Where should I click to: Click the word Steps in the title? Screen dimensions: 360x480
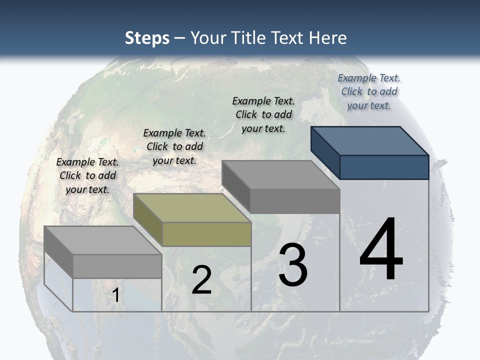point(147,38)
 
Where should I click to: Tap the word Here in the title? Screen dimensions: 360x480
point(327,38)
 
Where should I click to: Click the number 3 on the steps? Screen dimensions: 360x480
point(293,265)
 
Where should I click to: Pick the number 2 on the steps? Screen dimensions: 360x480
point(201,280)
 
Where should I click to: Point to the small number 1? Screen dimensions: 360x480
point(116,295)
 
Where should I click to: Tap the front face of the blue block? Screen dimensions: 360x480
point(384,167)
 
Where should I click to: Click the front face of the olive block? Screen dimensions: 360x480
point(206,234)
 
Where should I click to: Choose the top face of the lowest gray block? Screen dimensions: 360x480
point(102,240)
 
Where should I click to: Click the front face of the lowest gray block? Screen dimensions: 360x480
point(117,266)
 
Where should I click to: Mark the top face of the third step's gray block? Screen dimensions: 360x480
point(280,175)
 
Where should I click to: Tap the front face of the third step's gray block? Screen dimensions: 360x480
point(294,201)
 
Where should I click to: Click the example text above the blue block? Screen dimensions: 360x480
point(369,91)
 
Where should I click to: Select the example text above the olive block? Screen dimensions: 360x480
point(174,146)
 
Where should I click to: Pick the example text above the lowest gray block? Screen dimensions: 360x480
point(87,175)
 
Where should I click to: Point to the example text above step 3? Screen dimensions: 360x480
point(263,114)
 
